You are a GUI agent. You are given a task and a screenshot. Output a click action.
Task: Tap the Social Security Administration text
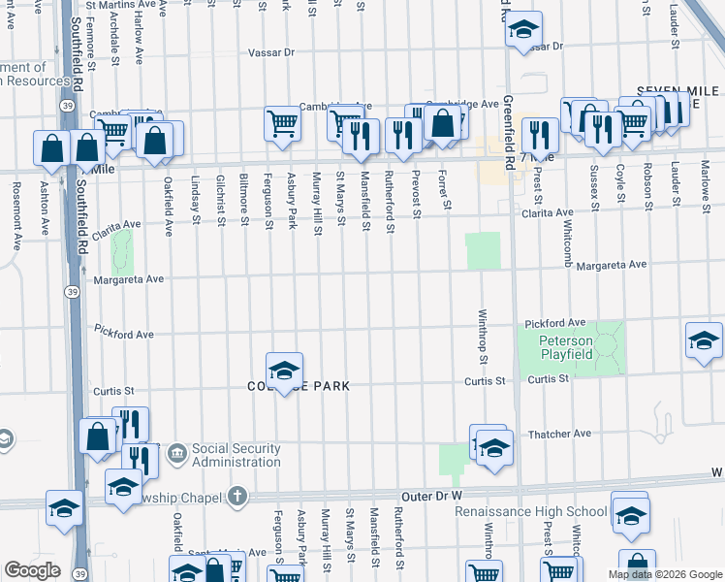tap(236, 455)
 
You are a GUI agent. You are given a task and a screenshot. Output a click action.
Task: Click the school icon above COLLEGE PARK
tap(284, 372)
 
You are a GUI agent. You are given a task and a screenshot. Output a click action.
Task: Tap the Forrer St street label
tap(446, 190)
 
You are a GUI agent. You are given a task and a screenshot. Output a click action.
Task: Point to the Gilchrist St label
tap(221, 202)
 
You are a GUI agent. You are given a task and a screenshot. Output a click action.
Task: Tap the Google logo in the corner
tap(32, 570)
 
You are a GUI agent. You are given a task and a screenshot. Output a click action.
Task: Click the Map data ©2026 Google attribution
tap(664, 574)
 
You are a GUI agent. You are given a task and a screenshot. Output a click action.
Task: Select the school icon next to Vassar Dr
tap(522, 31)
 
